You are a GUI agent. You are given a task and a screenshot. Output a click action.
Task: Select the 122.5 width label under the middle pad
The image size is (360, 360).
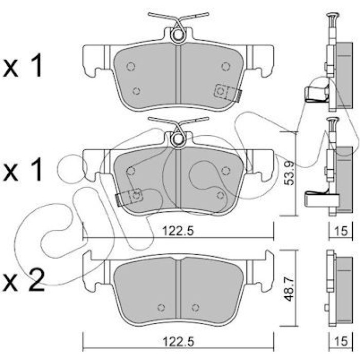178,231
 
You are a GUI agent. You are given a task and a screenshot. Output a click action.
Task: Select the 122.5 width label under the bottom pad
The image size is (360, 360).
178,342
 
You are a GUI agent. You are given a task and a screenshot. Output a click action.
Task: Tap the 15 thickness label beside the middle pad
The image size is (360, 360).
341,231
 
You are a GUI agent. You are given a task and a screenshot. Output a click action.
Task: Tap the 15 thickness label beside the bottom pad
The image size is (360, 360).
341,341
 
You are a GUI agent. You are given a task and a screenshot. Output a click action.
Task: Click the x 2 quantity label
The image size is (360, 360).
24,281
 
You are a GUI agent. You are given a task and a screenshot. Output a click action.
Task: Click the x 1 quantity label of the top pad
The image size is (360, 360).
23,65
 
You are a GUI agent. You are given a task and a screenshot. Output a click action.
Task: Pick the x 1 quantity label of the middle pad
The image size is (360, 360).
23,169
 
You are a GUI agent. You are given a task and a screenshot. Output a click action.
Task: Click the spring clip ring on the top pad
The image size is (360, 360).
177,35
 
